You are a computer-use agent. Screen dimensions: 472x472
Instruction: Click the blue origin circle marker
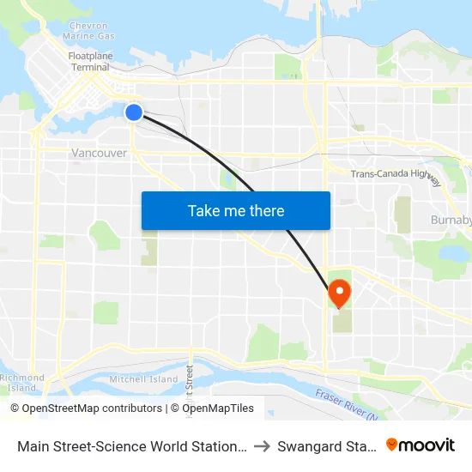point(134,112)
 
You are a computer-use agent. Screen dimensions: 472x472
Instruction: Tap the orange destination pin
point(339,293)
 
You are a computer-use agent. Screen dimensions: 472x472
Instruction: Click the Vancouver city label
point(99,154)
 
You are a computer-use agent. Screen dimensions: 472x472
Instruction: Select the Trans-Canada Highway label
point(396,175)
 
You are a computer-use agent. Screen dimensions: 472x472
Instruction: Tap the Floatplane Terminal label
point(90,61)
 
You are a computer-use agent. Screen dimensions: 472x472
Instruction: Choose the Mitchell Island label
point(143,378)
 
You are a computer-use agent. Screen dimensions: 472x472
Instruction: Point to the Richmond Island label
point(21,383)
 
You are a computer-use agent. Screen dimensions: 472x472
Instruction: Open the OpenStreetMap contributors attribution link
point(92,408)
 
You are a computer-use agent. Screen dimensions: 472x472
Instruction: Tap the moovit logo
point(420,445)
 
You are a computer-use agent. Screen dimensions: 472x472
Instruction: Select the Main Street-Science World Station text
point(132,445)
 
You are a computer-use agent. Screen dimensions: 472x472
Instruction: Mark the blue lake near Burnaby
point(449,253)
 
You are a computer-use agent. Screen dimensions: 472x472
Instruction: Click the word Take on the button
point(205,210)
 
